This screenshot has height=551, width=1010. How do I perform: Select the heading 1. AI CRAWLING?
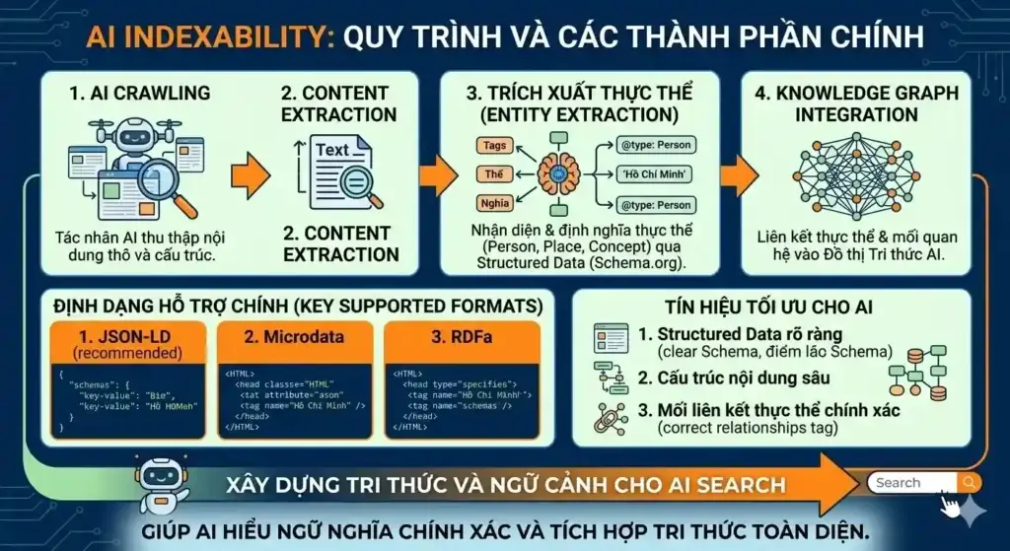[139, 94]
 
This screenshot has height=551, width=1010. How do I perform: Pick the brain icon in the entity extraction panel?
[558, 175]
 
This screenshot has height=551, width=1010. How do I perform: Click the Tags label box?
[495, 146]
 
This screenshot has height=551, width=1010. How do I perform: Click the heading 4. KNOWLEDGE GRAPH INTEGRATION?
[855, 103]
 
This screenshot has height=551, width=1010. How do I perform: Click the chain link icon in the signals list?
[610, 417]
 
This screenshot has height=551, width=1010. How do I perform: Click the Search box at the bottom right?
[912, 483]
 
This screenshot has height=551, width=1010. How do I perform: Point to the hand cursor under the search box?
[950, 506]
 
